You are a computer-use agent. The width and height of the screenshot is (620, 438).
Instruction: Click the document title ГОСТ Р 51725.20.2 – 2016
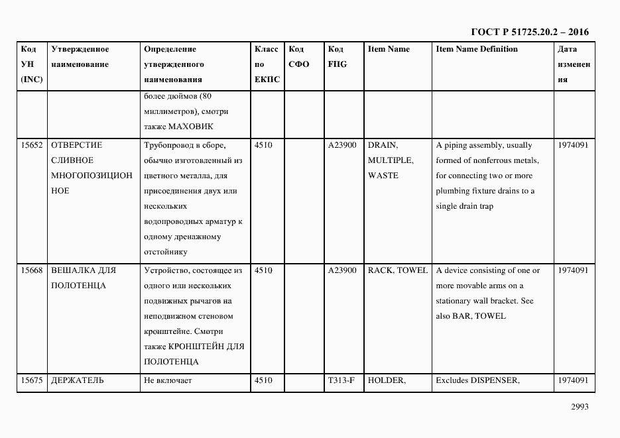(529, 32)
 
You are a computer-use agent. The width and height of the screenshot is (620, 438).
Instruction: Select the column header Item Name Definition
(476, 49)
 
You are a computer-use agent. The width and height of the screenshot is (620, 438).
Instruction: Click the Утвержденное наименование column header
(80, 57)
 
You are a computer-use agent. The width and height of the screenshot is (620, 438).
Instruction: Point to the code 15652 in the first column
(32, 145)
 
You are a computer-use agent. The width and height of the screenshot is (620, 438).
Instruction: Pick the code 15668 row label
(32, 270)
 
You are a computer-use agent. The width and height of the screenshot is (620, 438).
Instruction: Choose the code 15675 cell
(32, 380)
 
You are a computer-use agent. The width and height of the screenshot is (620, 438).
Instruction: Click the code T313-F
(342, 380)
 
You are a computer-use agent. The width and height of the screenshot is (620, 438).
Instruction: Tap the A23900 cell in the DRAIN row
(342, 145)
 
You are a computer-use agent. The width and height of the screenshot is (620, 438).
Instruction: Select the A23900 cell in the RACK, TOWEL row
(342, 270)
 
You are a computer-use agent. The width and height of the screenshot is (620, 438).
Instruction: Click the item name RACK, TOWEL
(397, 270)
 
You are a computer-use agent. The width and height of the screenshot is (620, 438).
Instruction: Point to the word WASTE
(383, 176)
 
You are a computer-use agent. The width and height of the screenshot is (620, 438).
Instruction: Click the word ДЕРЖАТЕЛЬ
(77, 380)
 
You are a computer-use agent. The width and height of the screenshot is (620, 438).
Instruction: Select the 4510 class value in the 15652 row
(263, 145)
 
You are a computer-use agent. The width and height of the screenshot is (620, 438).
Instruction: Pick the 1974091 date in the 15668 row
(573, 270)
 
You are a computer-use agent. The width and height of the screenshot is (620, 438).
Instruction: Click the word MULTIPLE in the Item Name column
(390, 160)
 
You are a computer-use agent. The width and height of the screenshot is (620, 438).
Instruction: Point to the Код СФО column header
(299, 57)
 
